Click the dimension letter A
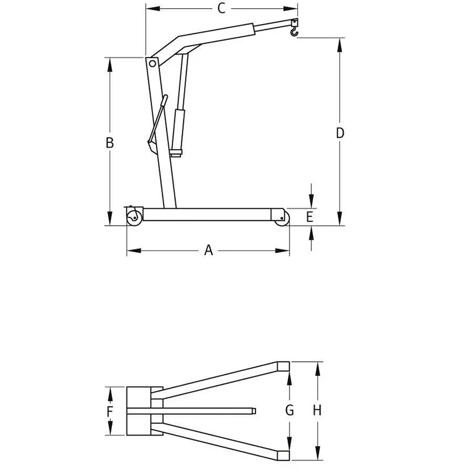point(209,250)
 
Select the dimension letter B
point(110,142)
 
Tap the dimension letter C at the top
point(222,8)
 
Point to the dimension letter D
point(340,133)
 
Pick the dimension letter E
point(310,217)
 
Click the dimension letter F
point(110,412)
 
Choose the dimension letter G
point(290,410)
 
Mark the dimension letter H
point(317,410)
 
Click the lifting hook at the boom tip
point(294,31)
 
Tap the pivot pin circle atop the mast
point(152,63)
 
